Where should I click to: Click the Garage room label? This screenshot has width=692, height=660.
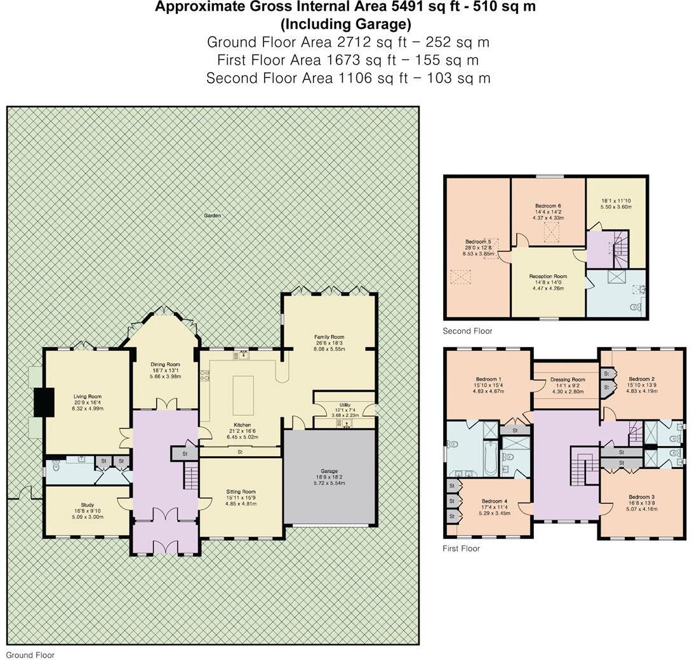[x=329, y=471]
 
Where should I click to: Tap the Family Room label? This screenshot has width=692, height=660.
[x=329, y=337]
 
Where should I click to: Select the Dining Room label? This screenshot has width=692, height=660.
[x=165, y=364]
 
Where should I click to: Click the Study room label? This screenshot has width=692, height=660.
[x=88, y=505]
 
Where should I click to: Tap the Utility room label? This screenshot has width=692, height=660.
[x=345, y=404]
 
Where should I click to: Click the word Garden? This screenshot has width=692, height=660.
[x=212, y=216]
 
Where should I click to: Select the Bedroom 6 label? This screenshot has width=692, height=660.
[x=548, y=206]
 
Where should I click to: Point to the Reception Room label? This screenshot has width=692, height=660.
[x=548, y=277]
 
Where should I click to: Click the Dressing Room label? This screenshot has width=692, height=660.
[x=565, y=379]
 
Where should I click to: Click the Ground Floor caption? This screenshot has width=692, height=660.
[x=30, y=655]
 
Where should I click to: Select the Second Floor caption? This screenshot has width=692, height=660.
[x=467, y=331]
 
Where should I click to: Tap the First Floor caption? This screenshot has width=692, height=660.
[x=461, y=548]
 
